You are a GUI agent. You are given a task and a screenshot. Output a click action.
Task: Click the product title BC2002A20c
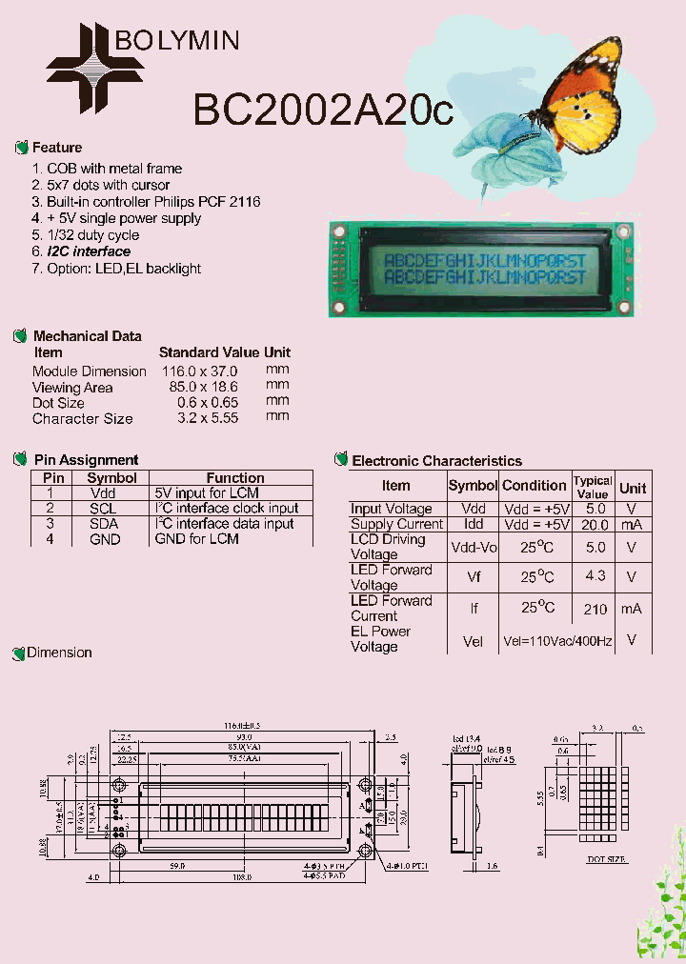tap(323, 110)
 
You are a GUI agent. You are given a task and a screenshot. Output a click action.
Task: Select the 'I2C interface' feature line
tap(89, 251)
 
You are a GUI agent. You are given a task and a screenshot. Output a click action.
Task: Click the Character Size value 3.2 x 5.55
tap(207, 418)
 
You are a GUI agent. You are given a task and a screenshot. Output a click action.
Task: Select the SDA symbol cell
tap(105, 524)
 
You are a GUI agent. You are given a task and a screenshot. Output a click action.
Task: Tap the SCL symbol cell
tap(105, 509)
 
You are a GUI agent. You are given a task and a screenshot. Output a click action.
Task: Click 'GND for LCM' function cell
tap(196, 539)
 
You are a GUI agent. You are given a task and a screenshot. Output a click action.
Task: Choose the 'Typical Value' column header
tap(593, 487)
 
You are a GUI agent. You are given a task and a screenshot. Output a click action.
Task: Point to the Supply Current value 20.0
tap(595, 525)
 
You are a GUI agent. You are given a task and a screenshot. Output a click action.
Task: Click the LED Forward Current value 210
tap(595, 609)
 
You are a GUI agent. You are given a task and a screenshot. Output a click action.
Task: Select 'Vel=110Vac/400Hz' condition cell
tap(557, 641)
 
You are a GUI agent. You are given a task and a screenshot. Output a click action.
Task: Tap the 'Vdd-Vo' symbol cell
tap(474, 547)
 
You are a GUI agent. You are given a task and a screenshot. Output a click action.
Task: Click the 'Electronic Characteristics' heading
tap(436, 461)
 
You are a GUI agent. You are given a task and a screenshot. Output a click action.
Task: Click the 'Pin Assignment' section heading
tap(86, 459)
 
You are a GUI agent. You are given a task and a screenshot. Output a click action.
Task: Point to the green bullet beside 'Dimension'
tap(18, 653)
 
